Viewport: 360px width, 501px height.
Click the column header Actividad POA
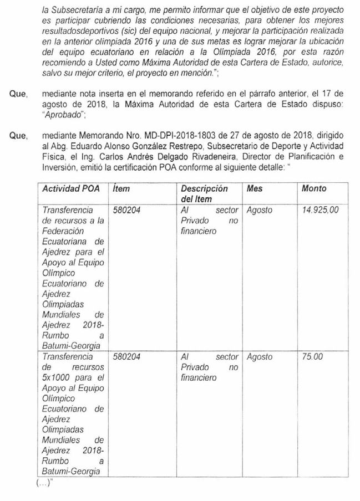(70, 188)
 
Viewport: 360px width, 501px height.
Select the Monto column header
(314, 188)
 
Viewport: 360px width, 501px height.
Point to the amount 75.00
(312, 357)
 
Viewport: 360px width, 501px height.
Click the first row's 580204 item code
(126, 210)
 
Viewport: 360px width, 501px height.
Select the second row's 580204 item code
(126, 357)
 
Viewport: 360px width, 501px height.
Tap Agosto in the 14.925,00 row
(259, 210)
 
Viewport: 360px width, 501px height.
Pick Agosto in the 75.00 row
(259, 357)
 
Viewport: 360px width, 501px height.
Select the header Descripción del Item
(204, 193)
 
